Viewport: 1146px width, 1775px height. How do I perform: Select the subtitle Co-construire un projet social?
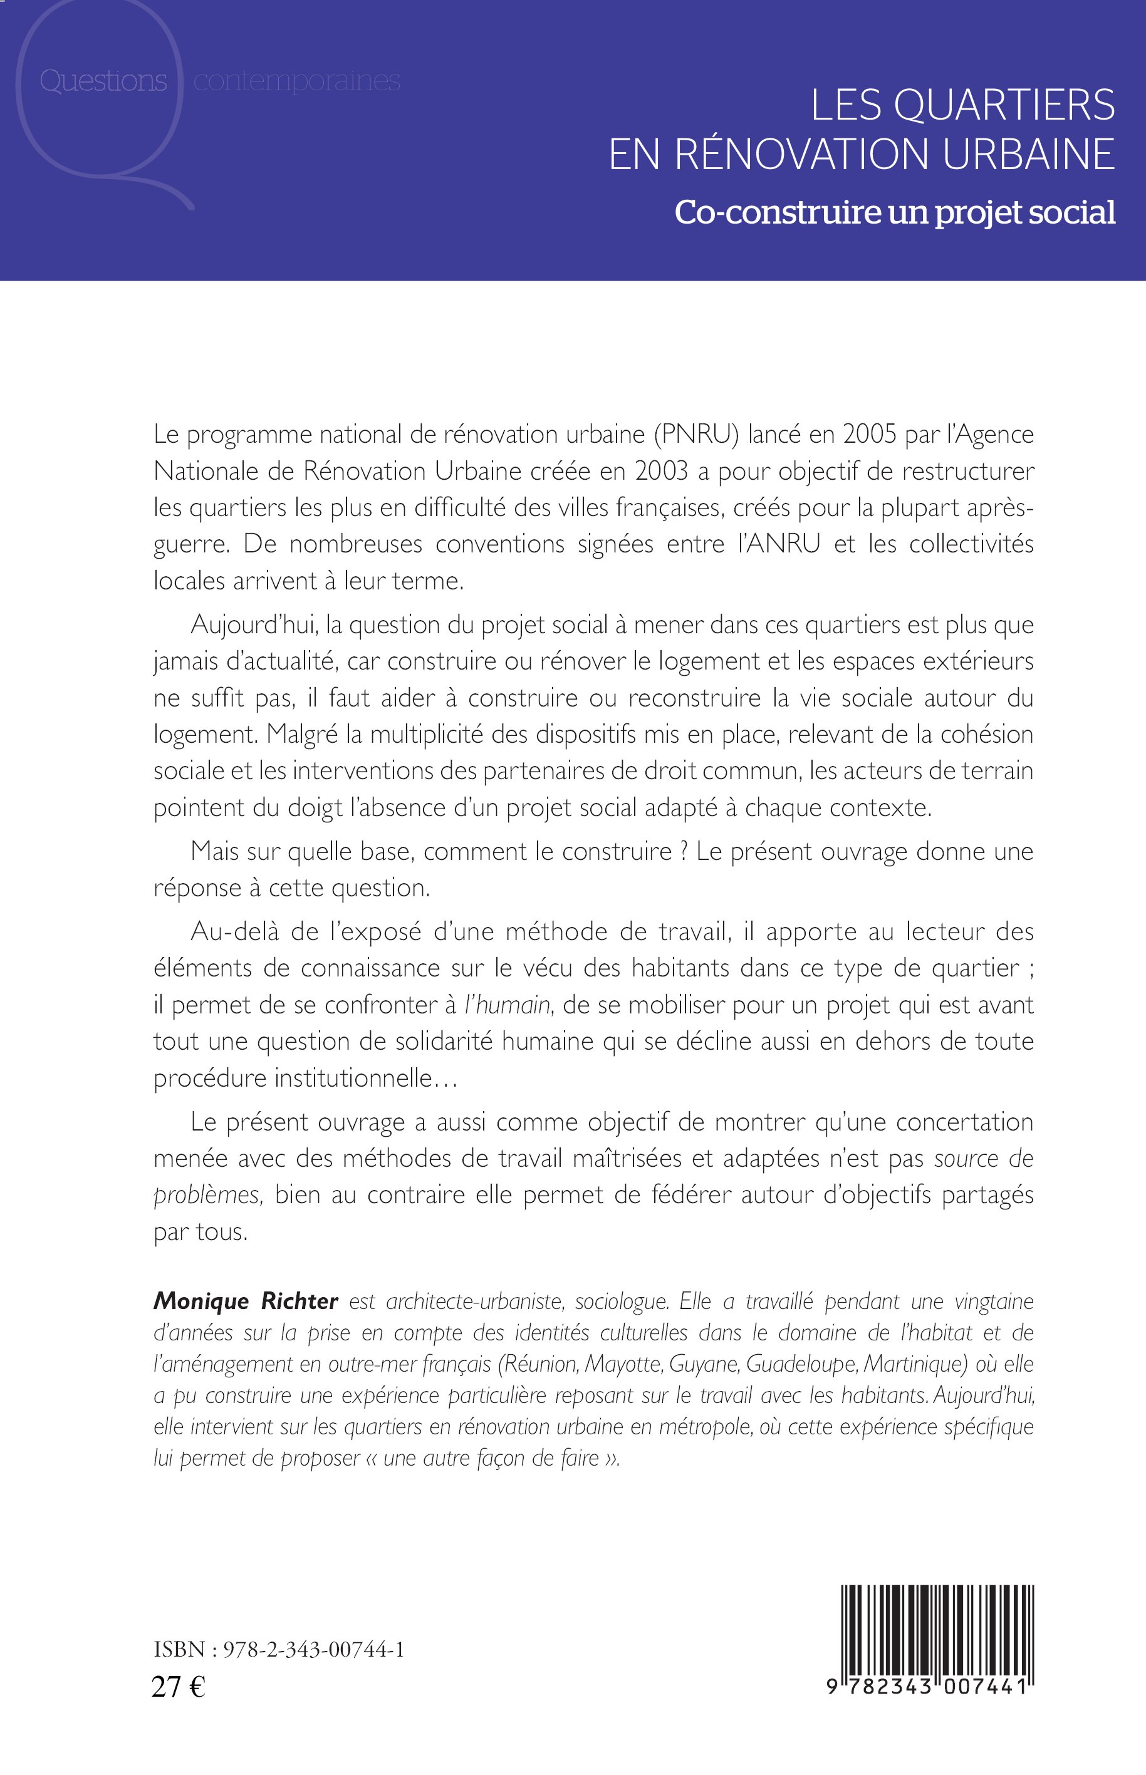[x=895, y=213]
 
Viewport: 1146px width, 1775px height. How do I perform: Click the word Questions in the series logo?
[x=103, y=81]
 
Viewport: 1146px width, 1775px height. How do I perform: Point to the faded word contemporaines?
[x=296, y=81]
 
